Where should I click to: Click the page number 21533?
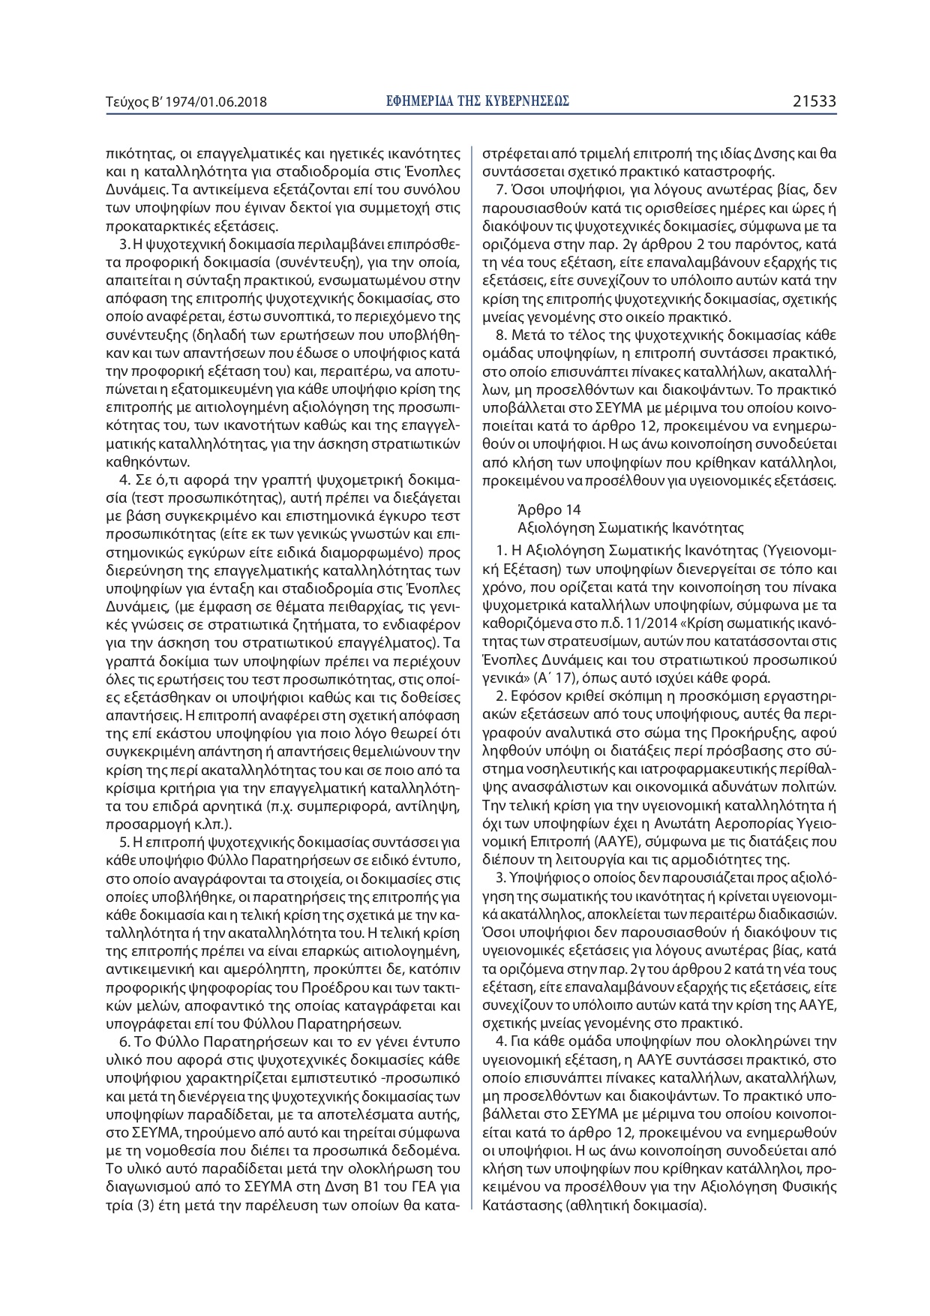(814, 101)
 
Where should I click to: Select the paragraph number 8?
(502, 335)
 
